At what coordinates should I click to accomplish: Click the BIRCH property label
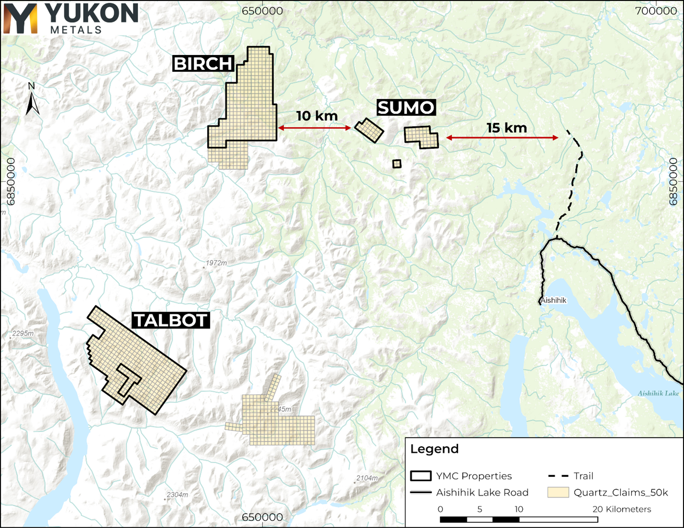[203, 64]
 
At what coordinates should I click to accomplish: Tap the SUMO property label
[406, 108]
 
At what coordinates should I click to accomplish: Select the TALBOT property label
[170, 320]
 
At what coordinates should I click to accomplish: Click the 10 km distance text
[317, 116]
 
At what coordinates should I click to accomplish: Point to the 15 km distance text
[507, 128]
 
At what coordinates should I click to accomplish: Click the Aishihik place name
[554, 300]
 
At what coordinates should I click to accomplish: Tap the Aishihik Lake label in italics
[658, 393]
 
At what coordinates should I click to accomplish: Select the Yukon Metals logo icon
[20, 19]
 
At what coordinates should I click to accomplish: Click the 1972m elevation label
[216, 263]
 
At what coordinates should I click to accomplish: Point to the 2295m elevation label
[23, 333]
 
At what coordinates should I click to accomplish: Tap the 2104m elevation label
[367, 478]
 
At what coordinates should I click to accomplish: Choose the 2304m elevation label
[177, 494]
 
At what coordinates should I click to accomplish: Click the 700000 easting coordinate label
[656, 11]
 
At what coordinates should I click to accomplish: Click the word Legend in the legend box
[434, 449]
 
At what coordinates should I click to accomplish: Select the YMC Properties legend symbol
[420, 476]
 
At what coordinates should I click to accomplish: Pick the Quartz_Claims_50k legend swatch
[558, 492]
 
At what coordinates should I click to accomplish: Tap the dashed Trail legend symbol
[558, 476]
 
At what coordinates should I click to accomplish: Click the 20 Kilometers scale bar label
[622, 509]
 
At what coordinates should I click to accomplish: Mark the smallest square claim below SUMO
[397, 164]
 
